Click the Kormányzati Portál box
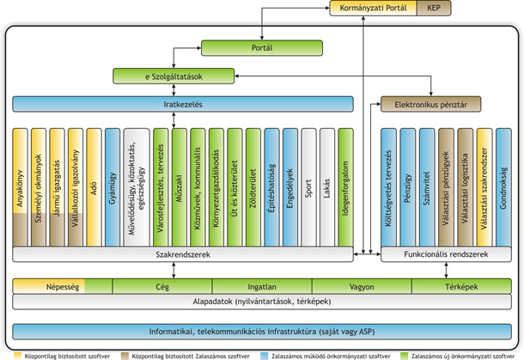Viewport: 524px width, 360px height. (x=373, y=8)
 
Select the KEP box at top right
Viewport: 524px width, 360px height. (x=434, y=8)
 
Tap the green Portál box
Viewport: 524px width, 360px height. (x=262, y=47)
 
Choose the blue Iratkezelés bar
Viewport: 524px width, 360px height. (x=184, y=104)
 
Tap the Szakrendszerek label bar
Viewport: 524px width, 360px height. (x=184, y=255)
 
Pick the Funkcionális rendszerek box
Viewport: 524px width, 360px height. (x=446, y=255)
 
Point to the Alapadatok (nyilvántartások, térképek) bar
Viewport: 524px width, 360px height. (x=262, y=301)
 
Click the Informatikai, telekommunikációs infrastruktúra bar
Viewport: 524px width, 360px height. (x=262, y=331)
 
